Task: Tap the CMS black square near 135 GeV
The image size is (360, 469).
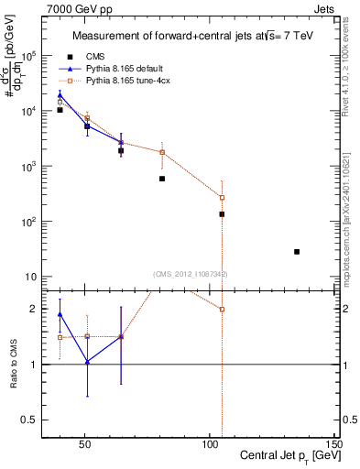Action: [297, 251]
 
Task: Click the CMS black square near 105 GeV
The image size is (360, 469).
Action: [222, 214]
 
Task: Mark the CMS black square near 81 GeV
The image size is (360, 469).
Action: [162, 179]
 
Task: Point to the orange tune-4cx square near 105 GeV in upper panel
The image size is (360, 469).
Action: [222, 197]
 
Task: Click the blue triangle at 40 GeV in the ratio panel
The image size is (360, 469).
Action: [60, 314]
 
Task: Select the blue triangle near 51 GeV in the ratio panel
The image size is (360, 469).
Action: [87, 362]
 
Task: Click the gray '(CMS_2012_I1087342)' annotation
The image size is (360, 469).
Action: [190, 274]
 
